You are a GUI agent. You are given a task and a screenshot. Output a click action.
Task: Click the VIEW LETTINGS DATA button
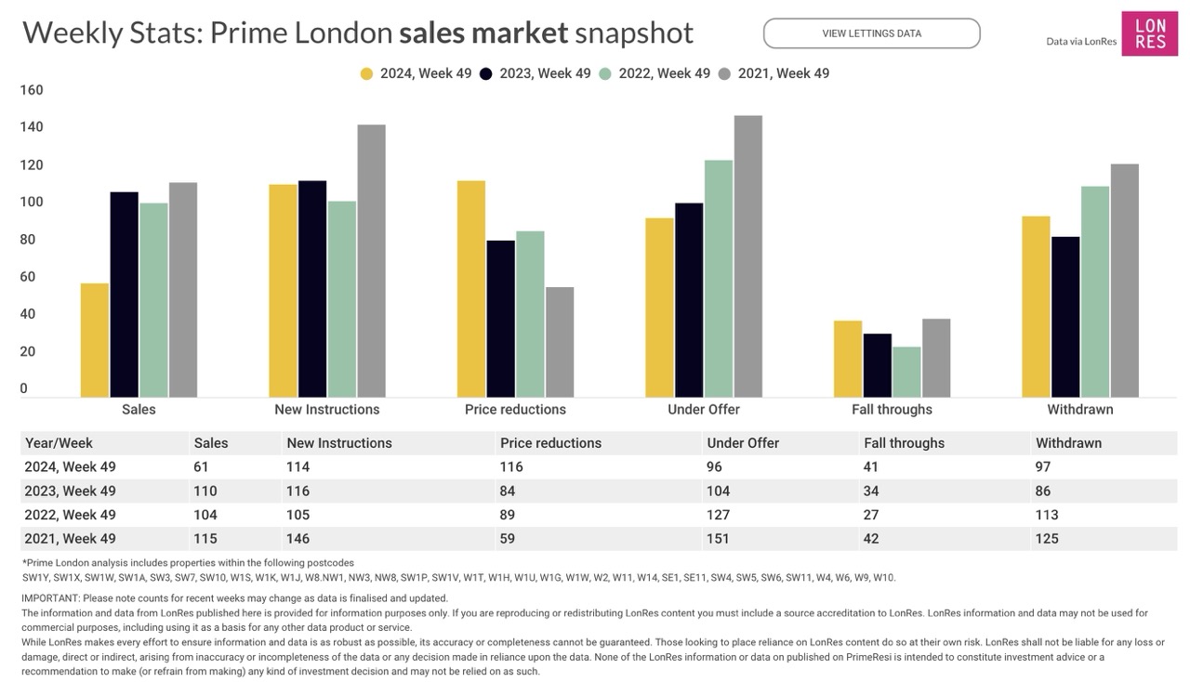pyautogui.click(x=871, y=33)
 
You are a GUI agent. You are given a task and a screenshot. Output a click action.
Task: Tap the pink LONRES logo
pyautogui.click(x=1149, y=33)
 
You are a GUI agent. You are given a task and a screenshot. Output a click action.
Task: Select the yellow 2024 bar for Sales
pyautogui.click(x=95, y=340)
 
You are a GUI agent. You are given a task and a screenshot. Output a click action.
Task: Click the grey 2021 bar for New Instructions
pyautogui.click(x=371, y=261)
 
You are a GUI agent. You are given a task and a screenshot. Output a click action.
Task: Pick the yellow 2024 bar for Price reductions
pyautogui.click(x=471, y=289)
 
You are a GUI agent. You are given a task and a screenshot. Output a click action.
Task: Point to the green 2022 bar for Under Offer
pyautogui.click(x=719, y=279)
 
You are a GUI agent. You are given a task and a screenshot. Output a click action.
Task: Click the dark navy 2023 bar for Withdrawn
pyautogui.click(x=1065, y=317)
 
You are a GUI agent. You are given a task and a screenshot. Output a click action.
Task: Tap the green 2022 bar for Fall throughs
pyautogui.click(x=906, y=372)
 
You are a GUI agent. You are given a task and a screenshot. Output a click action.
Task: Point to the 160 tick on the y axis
pyautogui.click(x=32, y=90)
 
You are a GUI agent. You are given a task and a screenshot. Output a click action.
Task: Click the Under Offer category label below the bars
pyautogui.click(x=704, y=410)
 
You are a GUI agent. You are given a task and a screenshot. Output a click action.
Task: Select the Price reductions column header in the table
pyautogui.click(x=550, y=443)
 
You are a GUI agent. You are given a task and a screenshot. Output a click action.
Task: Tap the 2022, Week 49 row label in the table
pyautogui.click(x=71, y=515)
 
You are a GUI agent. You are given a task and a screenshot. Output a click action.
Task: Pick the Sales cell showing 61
pyautogui.click(x=201, y=466)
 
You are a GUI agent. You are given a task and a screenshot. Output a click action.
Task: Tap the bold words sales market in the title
pyautogui.click(x=483, y=33)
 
